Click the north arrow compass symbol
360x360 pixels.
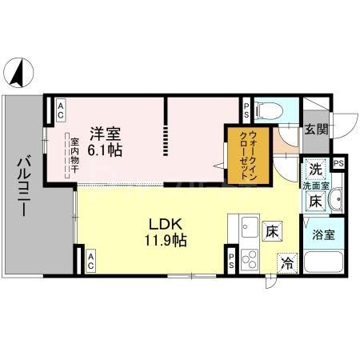click(18, 73)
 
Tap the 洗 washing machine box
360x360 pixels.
click(316, 170)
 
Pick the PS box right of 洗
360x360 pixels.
click(338, 162)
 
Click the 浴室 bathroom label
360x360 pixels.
click(323, 235)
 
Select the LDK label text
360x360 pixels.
click(166, 224)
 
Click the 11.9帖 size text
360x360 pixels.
click(166, 241)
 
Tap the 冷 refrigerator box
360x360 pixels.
click(287, 262)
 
